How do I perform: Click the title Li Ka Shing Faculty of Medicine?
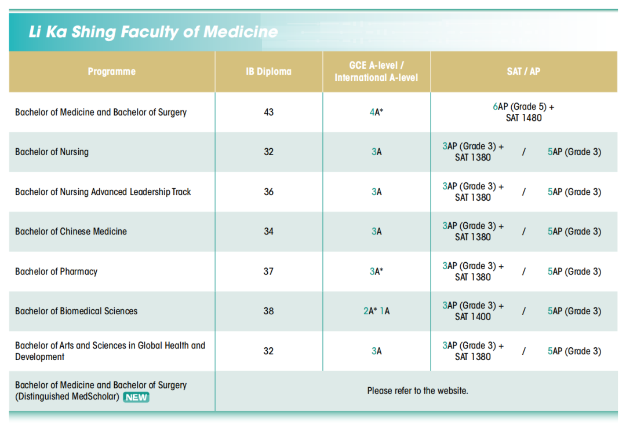click(153, 32)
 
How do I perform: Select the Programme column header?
click(112, 72)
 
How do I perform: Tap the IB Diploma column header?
click(268, 72)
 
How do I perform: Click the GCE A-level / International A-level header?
click(376, 72)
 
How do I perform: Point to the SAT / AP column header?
click(523, 72)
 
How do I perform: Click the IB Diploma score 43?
click(268, 112)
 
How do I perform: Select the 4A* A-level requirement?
click(377, 112)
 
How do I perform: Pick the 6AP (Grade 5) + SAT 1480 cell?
click(523, 112)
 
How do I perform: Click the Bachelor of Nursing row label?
click(52, 152)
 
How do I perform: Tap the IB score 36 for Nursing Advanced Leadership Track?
click(268, 192)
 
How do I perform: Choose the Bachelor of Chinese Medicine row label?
click(71, 232)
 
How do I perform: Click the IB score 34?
click(268, 232)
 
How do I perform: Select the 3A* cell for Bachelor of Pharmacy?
click(377, 271)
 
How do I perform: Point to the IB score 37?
click(268, 271)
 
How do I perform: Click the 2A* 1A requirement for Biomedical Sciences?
click(377, 311)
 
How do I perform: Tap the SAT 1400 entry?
click(473, 317)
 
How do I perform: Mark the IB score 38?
click(268, 311)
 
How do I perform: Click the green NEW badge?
click(136, 397)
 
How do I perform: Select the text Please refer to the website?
click(417, 391)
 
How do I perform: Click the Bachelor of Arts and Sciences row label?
click(110, 351)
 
